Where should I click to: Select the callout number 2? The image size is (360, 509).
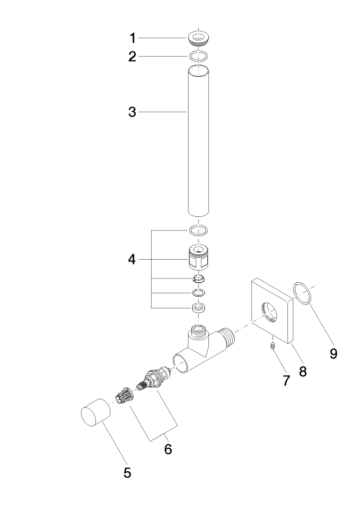pos(133,57)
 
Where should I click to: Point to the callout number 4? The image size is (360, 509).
pos(133,259)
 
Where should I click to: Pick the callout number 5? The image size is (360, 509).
pos(127,473)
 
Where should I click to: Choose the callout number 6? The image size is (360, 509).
pos(168,449)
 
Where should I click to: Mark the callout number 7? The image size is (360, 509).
pos(286,380)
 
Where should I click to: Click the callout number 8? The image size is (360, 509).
pos(303,371)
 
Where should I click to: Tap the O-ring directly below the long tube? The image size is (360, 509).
pos(198,230)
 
